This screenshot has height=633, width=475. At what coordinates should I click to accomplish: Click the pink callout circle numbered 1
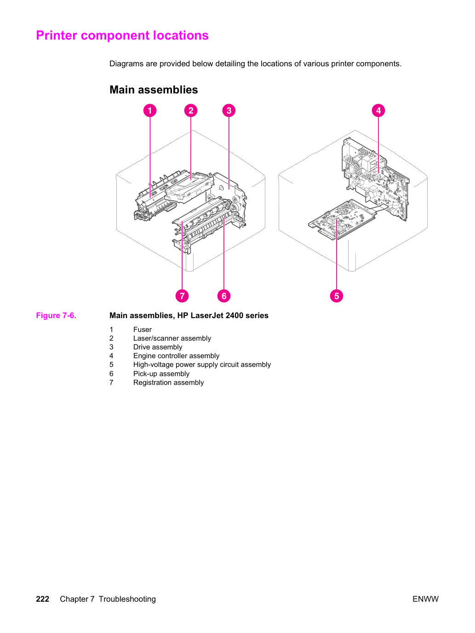coord(150,110)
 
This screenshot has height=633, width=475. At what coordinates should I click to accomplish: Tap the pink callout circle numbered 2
coord(191,110)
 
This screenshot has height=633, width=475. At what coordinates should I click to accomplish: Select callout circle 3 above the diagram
coord(229,110)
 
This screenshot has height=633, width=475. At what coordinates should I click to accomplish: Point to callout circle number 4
coord(378,110)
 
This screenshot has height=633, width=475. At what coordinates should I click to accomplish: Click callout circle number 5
coord(337,296)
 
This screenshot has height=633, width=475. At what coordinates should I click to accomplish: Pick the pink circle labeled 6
coord(224,296)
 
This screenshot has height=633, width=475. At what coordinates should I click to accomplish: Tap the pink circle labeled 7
coord(182,296)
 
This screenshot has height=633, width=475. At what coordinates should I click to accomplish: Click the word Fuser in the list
coord(142,329)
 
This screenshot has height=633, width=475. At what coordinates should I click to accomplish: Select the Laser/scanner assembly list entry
coord(172,338)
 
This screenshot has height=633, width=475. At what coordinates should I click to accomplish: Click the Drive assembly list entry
coord(158,347)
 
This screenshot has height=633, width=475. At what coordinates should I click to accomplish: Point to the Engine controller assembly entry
coord(176,356)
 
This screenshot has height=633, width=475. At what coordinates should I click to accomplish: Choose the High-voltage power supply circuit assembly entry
coord(202,365)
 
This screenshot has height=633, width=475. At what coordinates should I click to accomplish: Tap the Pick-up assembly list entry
coord(161,374)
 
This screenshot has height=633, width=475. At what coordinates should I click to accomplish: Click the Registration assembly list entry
coord(168,383)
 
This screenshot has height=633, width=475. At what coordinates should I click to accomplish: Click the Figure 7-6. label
coord(56,315)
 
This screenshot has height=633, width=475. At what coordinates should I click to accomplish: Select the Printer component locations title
coord(122,35)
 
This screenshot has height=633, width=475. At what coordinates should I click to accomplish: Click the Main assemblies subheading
coord(154,90)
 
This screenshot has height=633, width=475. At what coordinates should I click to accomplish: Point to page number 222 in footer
coord(42,599)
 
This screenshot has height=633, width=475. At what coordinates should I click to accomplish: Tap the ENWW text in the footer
coord(425,599)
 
